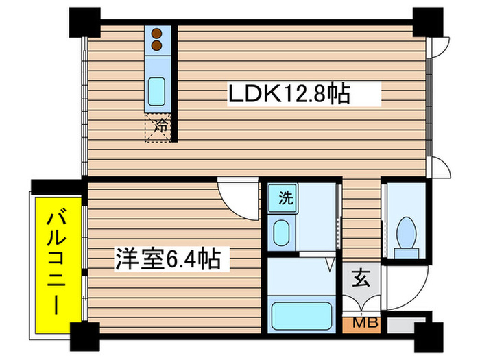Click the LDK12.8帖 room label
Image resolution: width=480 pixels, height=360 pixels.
[x=289, y=94]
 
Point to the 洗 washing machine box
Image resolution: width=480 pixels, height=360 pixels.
[x=285, y=199]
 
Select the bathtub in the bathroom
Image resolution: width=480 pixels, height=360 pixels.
[x=302, y=315]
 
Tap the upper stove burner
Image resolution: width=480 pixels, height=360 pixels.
[x=157, y=33]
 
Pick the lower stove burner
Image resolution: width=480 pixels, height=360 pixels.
[x=157, y=45]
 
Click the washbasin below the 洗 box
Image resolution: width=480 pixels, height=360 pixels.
[x=281, y=233]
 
